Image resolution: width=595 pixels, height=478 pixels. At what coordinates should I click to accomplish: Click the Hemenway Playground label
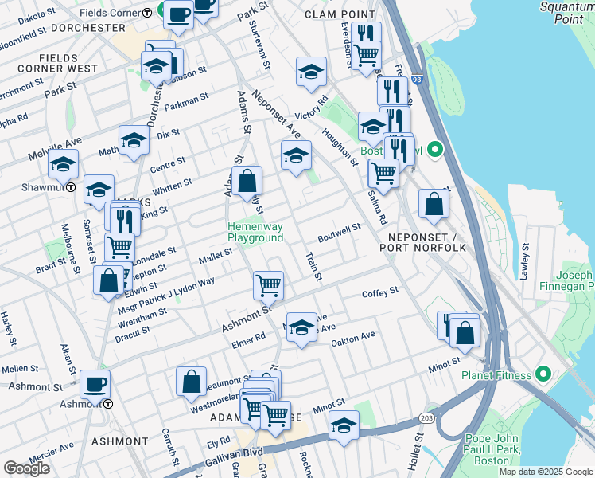pos(255,232)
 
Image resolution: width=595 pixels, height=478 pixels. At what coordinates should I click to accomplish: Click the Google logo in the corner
pos(26,468)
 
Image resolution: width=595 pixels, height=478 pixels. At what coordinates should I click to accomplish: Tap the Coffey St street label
pos(379,293)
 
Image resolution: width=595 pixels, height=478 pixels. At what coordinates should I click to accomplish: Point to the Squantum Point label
pos(562,14)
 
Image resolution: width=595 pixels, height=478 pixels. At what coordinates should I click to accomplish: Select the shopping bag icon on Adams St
pos(247,180)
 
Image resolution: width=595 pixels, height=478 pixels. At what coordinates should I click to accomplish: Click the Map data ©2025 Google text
pos(546,472)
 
